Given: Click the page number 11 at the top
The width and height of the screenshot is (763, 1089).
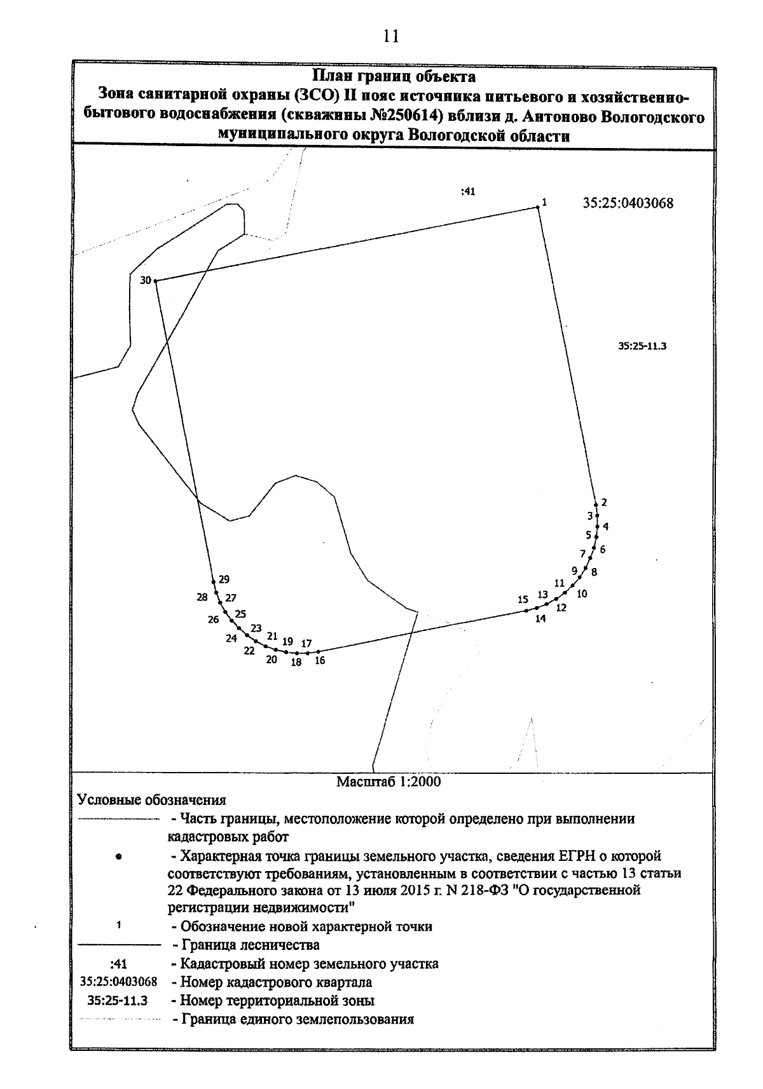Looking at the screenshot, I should (390, 36).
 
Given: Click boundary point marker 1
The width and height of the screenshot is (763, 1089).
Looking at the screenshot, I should (537, 206).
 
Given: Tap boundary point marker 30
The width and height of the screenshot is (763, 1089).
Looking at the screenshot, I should (155, 280).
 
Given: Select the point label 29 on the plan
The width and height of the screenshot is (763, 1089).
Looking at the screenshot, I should (224, 579).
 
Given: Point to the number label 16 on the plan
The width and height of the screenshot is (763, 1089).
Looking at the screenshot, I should (319, 661).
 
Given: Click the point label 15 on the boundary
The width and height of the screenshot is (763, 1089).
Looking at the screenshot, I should (523, 599).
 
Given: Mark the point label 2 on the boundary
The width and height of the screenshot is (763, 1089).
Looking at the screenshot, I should (604, 502).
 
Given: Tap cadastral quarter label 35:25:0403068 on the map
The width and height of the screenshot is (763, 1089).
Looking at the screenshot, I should (628, 204).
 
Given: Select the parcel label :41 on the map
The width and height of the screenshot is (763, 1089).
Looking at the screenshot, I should (468, 191).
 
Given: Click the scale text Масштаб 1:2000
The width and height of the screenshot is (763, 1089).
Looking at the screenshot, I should (388, 781).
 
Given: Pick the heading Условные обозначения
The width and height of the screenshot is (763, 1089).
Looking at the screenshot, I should (151, 800).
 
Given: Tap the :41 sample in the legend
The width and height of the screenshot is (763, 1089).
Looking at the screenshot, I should (118, 964).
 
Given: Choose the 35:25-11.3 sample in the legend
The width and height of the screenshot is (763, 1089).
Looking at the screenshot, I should (118, 1001).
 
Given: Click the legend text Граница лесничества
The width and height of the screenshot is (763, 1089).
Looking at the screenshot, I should (250, 945).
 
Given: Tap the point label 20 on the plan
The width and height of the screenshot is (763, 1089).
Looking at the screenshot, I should (272, 659).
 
